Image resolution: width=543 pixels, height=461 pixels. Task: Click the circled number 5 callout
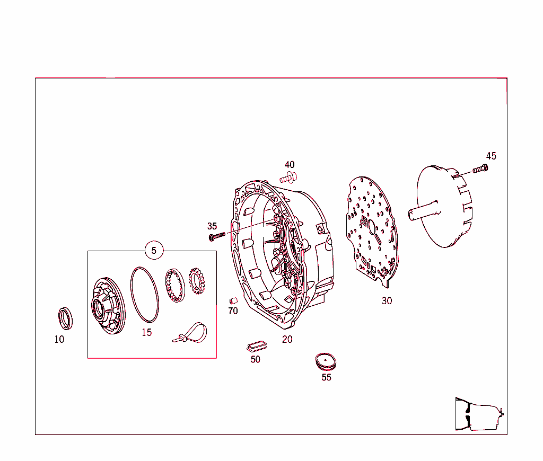[x=154, y=251]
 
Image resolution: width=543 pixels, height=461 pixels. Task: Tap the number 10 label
[x=59, y=339]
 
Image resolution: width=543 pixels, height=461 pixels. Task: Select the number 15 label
[x=146, y=332]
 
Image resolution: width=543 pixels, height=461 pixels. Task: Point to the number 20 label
[x=287, y=339]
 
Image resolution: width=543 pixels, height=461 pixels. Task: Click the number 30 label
[x=387, y=300]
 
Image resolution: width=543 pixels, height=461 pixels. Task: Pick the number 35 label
[x=212, y=226]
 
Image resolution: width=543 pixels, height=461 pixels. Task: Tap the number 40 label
[x=290, y=165]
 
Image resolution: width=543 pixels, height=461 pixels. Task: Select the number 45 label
[x=491, y=156]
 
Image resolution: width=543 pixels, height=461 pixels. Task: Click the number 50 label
[x=256, y=359]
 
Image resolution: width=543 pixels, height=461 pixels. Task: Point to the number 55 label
[x=326, y=377]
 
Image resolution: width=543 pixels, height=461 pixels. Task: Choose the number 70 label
[x=233, y=311]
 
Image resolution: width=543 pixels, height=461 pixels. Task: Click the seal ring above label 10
[x=65, y=317]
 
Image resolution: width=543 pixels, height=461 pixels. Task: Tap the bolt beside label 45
[x=480, y=170]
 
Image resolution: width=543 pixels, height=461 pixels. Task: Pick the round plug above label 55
[x=326, y=362]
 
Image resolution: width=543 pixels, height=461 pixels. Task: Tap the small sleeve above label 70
[x=232, y=301]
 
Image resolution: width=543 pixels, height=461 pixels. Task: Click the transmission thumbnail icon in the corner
[x=478, y=413]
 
